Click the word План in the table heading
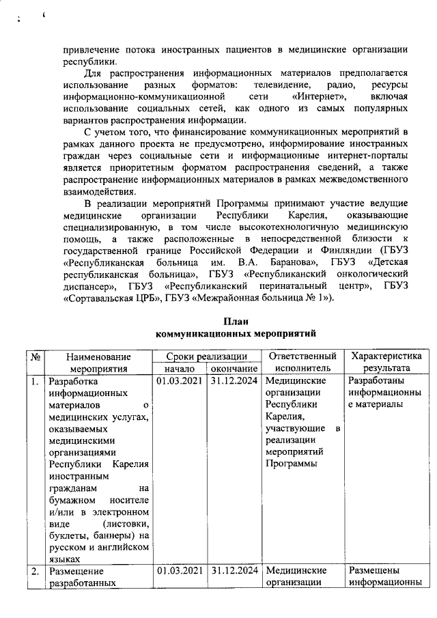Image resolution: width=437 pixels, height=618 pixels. point(236,322)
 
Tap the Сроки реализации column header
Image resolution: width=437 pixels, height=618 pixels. point(207,356)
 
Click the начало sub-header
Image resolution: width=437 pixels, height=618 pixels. point(180,369)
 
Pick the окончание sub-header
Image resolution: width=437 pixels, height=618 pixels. point(234,369)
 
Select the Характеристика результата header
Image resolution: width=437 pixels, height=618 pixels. point(385,363)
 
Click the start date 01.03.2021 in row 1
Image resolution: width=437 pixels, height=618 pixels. point(180,381)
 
